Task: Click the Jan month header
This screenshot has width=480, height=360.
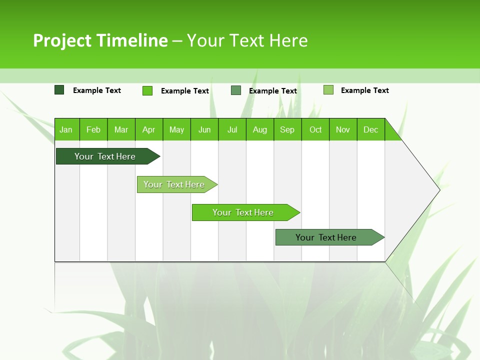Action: (x=66, y=129)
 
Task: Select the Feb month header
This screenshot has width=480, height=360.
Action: (x=93, y=129)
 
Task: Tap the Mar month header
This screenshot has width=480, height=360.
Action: (x=121, y=129)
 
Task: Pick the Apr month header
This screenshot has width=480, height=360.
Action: (x=148, y=129)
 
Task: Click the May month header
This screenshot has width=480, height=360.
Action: (x=176, y=129)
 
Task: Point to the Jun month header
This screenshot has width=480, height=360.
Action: (x=204, y=129)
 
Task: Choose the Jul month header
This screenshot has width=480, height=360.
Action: (x=232, y=129)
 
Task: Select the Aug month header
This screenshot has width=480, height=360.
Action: (x=259, y=129)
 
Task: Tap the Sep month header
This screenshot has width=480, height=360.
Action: (x=287, y=129)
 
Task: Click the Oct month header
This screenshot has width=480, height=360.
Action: (x=315, y=129)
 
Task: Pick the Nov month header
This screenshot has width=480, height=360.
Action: (x=343, y=129)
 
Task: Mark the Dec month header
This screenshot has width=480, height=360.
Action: (x=370, y=129)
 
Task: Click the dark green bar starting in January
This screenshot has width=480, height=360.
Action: (x=105, y=156)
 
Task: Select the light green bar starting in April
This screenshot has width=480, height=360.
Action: (x=174, y=184)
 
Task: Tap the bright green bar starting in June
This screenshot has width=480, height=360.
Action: (x=243, y=212)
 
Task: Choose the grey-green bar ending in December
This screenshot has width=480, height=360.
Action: (x=326, y=237)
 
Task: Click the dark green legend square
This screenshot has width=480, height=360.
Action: (x=59, y=90)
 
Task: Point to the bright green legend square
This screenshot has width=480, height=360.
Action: (x=147, y=90)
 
